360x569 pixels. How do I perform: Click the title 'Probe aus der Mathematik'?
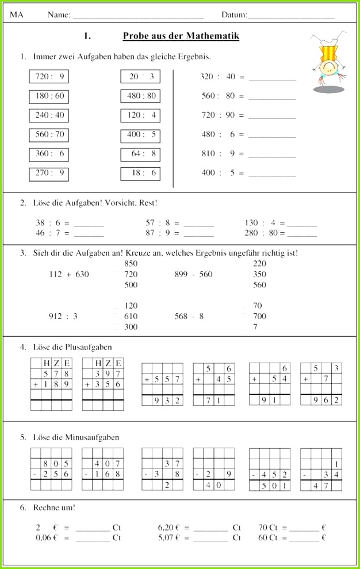click(x=181, y=36)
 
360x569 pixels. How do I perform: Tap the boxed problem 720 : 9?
click(x=49, y=76)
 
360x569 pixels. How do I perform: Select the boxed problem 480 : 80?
click(x=140, y=96)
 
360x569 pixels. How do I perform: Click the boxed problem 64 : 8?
click(x=140, y=153)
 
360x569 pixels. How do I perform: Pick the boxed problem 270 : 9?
click(x=49, y=173)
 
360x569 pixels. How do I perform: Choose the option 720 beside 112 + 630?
click(x=131, y=274)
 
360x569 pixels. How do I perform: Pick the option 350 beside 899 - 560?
click(x=259, y=274)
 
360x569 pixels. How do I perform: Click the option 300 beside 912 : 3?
click(x=131, y=326)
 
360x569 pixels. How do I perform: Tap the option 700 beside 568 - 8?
click(x=259, y=316)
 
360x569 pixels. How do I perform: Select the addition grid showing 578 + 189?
click(x=51, y=384)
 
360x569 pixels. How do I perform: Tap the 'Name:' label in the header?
click(x=59, y=15)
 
